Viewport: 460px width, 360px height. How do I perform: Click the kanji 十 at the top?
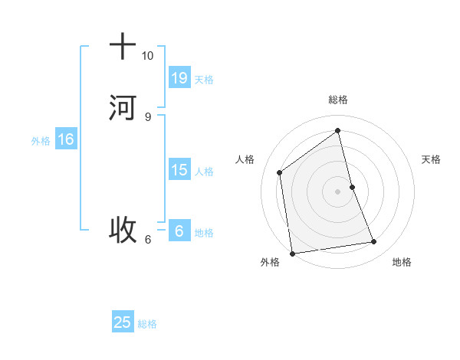pos(123,47)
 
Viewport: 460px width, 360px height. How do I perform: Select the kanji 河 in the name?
pos(123,106)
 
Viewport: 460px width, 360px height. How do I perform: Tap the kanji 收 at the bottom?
pos(123,228)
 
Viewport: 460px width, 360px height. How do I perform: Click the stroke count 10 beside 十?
pos(147,56)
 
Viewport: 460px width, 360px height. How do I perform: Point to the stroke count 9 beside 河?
pos(147,116)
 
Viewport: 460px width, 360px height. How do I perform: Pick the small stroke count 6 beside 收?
pos(147,239)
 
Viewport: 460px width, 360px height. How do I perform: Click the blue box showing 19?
pos(179,78)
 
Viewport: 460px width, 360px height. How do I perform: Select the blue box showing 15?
pos(179,169)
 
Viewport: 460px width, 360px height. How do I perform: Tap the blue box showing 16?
pos(65,139)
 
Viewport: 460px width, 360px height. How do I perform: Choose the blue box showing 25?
pos(123,322)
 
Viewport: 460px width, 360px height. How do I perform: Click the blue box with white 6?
pos(179,231)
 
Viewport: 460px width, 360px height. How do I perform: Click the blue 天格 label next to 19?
pos(204,80)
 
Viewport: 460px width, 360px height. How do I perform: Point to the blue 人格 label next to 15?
pos(204,172)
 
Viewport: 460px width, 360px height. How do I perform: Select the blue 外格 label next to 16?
pos(41,141)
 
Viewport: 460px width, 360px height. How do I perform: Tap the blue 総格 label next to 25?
pos(147,324)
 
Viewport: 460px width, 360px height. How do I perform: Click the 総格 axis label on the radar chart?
pos(338,100)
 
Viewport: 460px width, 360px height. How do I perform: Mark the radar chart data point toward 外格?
pos(292,253)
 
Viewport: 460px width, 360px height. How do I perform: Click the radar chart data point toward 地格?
pos(374,242)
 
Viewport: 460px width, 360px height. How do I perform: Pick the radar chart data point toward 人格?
pos(280,172)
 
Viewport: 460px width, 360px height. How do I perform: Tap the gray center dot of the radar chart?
pos(338,191)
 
